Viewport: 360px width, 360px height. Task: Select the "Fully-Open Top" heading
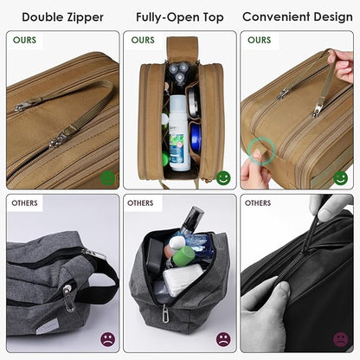tap(179, 16)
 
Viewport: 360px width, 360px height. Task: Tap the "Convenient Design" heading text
tap(298, 16)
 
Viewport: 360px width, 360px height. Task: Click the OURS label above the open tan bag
tap(143, 40)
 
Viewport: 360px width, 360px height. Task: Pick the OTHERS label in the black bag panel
tap(258, 203)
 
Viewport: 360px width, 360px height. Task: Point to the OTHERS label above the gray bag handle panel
tap(25, 203)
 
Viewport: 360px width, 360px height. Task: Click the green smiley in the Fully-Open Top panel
tap(223, 177)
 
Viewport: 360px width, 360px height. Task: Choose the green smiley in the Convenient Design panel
tap(340, 177)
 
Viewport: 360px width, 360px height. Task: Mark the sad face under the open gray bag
tap(223, 339)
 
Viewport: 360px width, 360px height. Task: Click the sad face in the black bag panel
tap(340, 339)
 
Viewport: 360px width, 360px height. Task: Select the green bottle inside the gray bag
tap(182, 257)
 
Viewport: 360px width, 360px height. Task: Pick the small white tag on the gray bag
tap(68, 301)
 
